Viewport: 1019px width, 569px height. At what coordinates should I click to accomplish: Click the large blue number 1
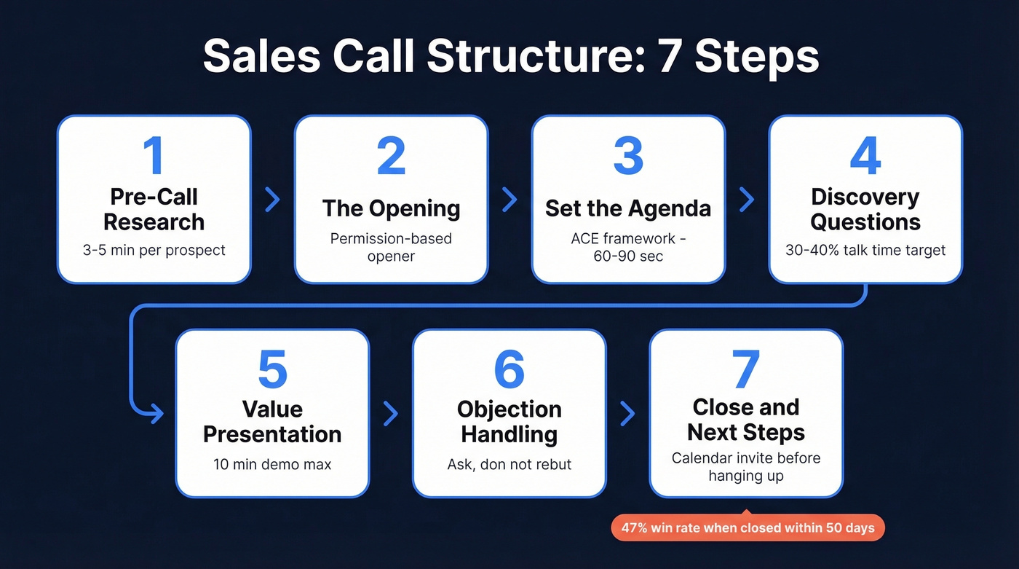click(x=154, y=155)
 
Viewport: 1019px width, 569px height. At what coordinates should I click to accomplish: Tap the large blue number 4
click(x=865, y=155)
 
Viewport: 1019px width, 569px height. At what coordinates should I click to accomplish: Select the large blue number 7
click(x=746, y=369)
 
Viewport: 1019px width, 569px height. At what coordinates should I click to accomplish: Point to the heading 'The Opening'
click(x=391, y=208)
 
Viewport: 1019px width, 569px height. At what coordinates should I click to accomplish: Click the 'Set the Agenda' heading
click(x=628, y=208)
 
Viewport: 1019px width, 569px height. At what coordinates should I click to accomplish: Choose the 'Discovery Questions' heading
click(x=865, y=209)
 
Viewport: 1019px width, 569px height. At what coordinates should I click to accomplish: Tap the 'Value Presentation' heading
click(x=272, y=422)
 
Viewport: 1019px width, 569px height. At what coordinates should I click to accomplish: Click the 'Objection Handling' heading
click(x=509, y=422)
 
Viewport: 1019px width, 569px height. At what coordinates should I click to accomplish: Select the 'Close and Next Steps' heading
click(x=746, y=420)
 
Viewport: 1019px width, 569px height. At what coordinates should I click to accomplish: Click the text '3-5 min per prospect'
click(x=154, y=250)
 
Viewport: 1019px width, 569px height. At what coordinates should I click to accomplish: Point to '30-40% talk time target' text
click(x=865, y=250)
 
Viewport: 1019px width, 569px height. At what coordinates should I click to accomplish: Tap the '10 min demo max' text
click(x=272, y=463)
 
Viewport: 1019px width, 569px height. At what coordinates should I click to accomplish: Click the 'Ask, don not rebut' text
click(x=509, y=463)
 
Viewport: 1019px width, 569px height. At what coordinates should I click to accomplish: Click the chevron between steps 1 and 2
click(x=272, y=200)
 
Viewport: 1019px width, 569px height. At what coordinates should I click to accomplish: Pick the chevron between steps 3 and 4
click(x=747, y=200)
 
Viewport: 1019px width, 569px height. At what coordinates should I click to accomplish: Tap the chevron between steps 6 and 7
click(x=627, y=414)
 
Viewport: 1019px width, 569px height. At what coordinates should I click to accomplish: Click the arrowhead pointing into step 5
click(x=156, y=414)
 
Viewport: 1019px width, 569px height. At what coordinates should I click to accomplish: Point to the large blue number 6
click(x=509, y=369)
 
